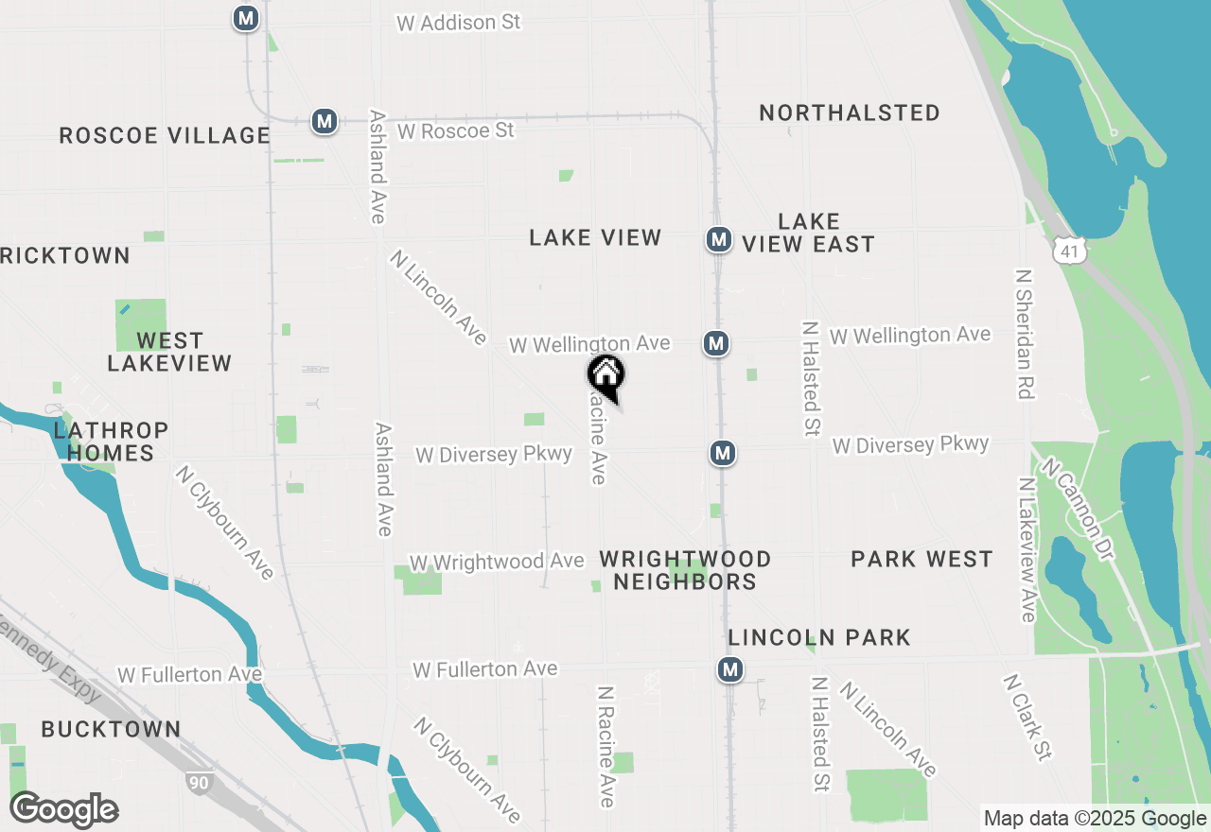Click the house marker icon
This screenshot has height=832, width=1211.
(606, 376)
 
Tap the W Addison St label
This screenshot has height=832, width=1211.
(459, 22)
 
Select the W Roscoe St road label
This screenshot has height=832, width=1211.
(455, 130)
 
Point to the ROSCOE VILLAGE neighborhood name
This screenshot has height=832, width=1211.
(165, 135)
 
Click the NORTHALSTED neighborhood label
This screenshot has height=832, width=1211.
(850, 113)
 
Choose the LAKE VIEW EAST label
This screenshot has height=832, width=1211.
(808, 233)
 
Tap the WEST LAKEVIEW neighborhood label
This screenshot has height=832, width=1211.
(169, 352)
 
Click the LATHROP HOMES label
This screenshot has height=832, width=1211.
(111, 442)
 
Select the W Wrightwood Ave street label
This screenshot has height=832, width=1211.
(497, 562)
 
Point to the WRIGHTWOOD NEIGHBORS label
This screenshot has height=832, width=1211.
(685, 570)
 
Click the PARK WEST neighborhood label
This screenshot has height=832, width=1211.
(921, 559)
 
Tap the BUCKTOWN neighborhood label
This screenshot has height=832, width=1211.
(111, 729)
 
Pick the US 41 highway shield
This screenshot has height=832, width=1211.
(1069, 250)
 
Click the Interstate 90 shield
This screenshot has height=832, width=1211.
(199, 783)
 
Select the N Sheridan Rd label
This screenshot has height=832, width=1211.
(1023, 334)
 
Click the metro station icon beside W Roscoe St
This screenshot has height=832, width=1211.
(325, 121)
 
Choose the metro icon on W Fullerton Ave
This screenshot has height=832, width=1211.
(728, 669)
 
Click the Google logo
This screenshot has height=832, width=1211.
(64, 809)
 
